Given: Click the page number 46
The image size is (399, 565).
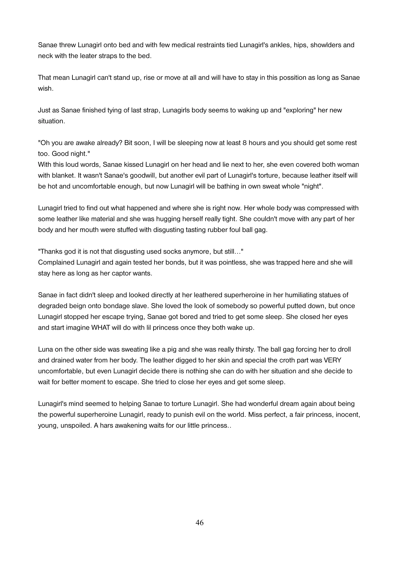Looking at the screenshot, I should (x=199, y=522).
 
